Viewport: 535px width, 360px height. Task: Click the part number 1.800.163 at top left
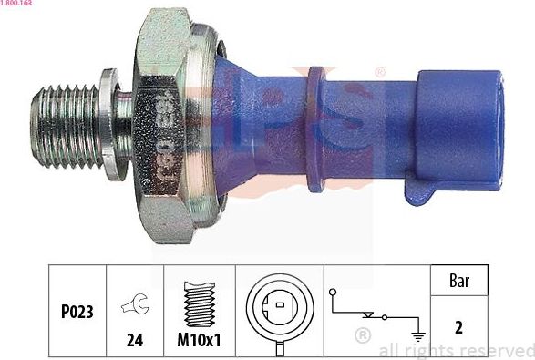click(16, 5)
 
